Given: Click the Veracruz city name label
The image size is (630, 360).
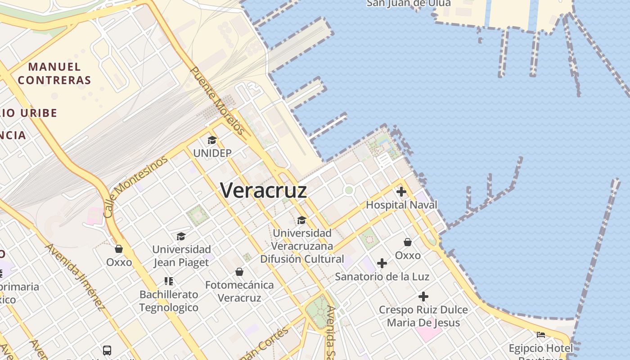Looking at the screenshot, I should (264, 190).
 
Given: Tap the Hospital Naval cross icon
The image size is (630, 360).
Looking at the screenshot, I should (401, 192).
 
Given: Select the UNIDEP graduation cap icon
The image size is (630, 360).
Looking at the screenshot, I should (212, 140).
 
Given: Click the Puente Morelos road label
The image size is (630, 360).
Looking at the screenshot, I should (218, 101).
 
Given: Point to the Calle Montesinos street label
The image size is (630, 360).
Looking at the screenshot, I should (135, 187).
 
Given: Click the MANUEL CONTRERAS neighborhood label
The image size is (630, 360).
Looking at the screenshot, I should (54, 74).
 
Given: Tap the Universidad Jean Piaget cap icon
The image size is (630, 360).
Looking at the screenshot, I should (181, 236).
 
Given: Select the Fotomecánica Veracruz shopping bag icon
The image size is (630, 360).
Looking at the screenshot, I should (239, 272).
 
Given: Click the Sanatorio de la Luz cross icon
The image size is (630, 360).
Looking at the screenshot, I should (382, 263).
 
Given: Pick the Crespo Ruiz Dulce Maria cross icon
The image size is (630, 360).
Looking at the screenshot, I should (423, 297).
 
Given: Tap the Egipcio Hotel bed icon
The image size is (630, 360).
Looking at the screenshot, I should (541, 335).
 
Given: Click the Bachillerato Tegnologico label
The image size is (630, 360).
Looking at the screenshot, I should (169, 301).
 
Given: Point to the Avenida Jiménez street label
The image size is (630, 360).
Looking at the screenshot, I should (75, 277).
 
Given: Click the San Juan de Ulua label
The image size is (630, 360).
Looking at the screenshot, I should (408, 4).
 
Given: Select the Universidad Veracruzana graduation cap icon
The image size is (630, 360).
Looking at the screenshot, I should (301, 220).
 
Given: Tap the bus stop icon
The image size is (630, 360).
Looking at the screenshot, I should (107, 350).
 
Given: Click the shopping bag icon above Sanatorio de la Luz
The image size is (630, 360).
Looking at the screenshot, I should (408, 242).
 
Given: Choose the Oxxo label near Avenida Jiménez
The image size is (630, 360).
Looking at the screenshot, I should (119, 262).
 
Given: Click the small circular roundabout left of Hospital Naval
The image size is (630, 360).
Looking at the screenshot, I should (348, 190).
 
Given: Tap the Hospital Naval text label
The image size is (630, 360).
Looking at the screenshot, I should (401, 205).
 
